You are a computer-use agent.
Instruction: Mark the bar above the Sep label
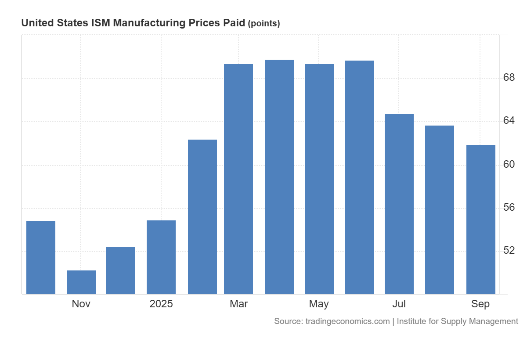[481, 220]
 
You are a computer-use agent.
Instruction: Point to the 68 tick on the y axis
[509, 78]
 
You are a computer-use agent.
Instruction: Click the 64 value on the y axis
[509, 121]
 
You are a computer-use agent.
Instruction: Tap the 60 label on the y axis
[509, 164]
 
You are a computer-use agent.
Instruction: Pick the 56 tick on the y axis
[509, 207]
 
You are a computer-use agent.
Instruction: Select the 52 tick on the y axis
[509, 250]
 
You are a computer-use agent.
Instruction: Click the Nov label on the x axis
[81, 304]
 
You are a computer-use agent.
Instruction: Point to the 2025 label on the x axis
[161, 304]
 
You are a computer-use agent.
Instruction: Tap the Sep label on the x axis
[480, 304]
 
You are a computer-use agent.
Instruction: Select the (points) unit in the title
[264, 24]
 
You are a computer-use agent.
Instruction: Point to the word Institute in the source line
[413, 321]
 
